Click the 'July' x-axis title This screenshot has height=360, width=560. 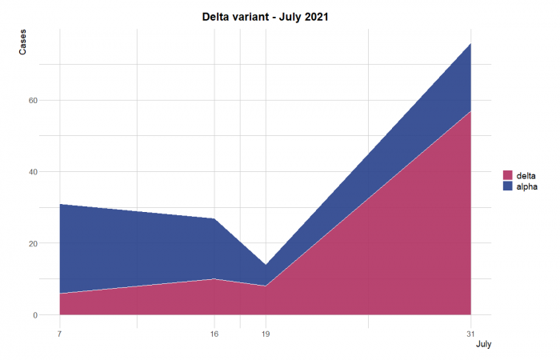tap(483, 345)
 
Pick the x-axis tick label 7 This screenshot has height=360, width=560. tap(60, 334)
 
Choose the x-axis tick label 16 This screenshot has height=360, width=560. tap(214, 334)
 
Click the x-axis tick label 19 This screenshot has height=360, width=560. tap(266, 334)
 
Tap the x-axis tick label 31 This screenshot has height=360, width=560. tap(470, 334)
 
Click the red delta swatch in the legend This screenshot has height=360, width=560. tap(507, 175)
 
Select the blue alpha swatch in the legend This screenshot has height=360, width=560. tap(507, 186)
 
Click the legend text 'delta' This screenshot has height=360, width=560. tap(526, 175)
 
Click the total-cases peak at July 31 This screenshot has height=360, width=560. tap(470, 43)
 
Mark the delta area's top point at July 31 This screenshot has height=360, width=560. tap(470, 111)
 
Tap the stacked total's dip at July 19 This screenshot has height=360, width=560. tap(266, 265)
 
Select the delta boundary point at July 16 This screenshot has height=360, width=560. tap(214, 279)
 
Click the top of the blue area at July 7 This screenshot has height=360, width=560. tap(60, 204)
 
